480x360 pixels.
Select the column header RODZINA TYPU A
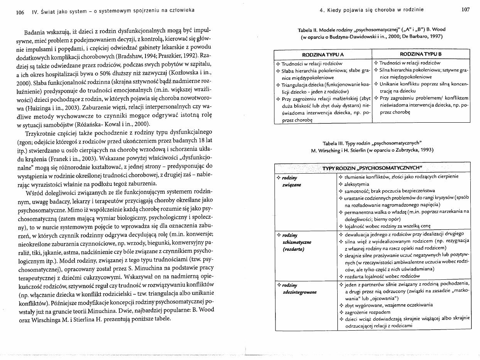coord(322,54)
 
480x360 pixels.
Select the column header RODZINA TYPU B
coord(420,54)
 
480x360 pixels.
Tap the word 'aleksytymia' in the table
coord(356,184)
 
